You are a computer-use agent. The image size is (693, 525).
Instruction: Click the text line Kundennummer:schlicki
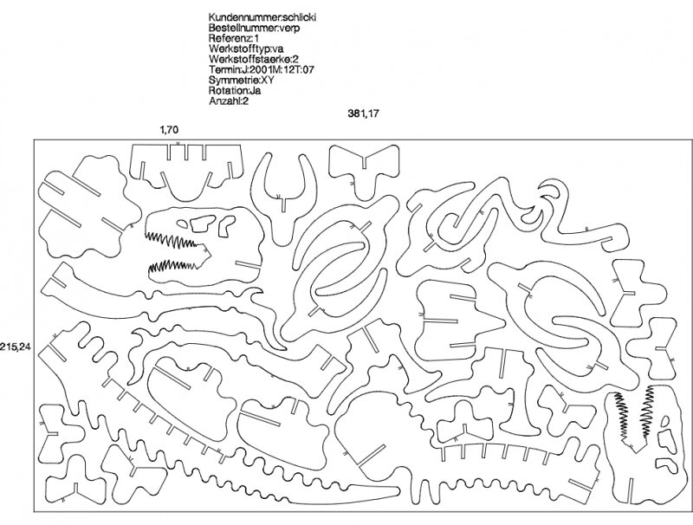click(262, 17)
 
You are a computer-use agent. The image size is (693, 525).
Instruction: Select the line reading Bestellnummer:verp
click(254, 28)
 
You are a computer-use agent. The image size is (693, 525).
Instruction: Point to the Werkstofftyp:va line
click(246, 49)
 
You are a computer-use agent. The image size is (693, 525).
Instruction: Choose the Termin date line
click(262, 69)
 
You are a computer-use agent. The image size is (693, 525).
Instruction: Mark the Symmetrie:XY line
click(242, 80)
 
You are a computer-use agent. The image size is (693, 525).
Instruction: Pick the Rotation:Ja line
click(235, 91)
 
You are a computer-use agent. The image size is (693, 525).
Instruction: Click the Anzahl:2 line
click(230, 100)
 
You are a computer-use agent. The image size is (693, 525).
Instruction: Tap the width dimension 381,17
click(363, 113)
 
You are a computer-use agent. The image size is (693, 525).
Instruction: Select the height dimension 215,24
click(16, 347)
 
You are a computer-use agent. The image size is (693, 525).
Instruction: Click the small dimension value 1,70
click(169, 129)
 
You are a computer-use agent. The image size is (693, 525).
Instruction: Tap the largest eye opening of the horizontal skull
click(202, 224)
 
